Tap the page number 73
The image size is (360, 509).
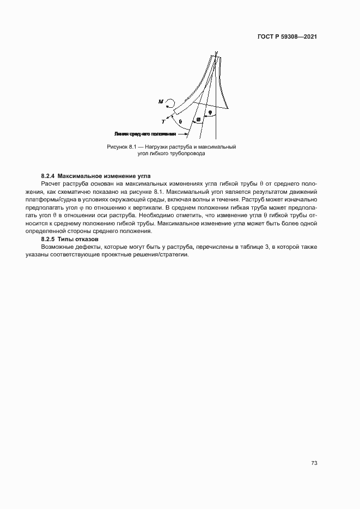(314, 463)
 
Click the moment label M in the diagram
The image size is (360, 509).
(160, 101)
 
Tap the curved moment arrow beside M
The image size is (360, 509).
(170, 102)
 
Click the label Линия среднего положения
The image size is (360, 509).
(145, 133)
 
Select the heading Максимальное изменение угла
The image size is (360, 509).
(103, 176)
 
